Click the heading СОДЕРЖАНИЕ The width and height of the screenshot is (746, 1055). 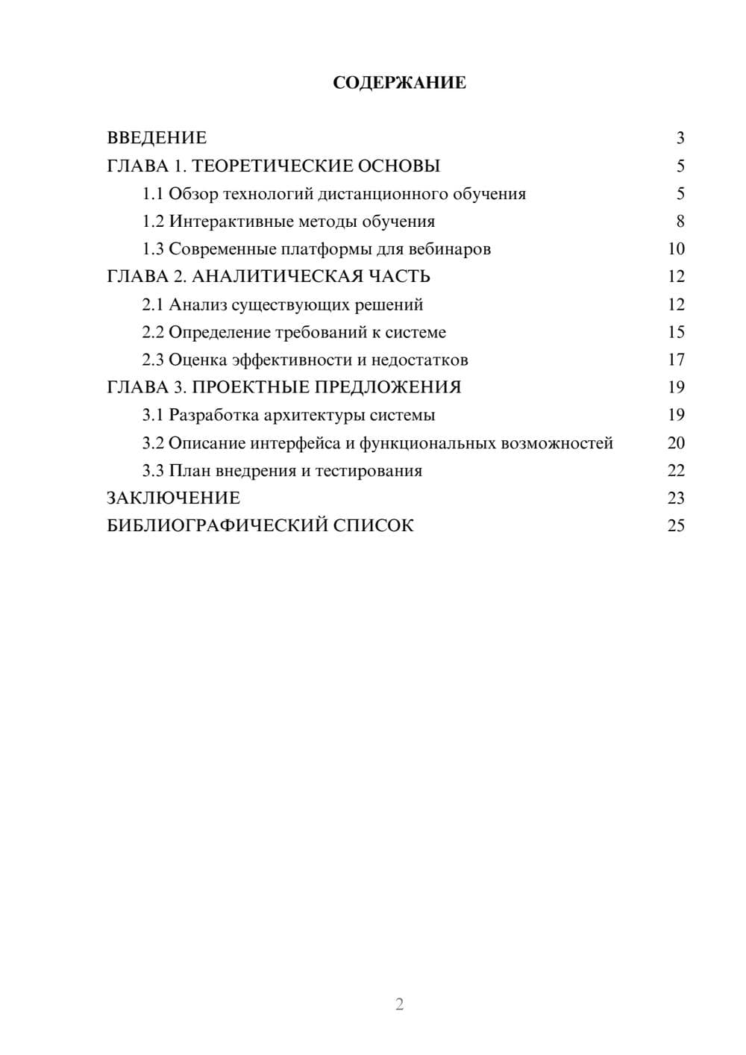399,83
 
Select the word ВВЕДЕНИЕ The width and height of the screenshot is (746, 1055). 157,138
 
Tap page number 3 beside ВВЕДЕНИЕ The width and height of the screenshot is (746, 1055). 680,138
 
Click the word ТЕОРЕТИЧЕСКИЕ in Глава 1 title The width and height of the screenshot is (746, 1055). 266,166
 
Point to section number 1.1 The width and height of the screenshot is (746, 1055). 153,194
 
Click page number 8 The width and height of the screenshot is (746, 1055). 680,222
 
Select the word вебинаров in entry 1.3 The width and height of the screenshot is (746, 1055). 454,249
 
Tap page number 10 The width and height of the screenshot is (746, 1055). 676,249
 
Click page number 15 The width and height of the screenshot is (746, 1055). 676,332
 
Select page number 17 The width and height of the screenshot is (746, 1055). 676,360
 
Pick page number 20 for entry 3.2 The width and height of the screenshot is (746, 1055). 676,443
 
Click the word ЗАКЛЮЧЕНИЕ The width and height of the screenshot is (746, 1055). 173,498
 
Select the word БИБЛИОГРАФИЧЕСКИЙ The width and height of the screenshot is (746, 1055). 217,525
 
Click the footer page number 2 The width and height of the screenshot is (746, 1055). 399,1004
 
